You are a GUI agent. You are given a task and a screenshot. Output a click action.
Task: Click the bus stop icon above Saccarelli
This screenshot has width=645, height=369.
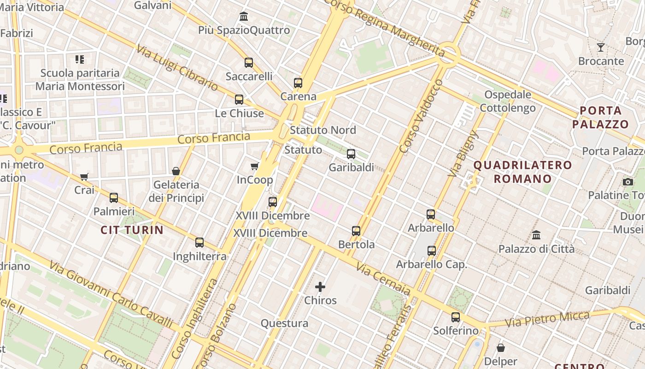click(249, 63)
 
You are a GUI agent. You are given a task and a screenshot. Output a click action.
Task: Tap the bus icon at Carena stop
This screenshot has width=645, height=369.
click(298, 83)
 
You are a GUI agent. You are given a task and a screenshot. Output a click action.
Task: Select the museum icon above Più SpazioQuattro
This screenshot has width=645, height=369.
click(244, 17)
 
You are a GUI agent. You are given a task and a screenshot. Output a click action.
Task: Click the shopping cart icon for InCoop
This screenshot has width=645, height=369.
click(254, 166)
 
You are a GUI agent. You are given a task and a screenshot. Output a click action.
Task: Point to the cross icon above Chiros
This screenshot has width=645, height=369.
click(320, 287)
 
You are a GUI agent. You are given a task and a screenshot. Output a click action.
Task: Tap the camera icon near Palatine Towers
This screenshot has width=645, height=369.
click(627, 182)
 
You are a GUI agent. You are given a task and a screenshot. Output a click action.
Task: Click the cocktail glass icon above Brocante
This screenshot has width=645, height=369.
click(601, 47)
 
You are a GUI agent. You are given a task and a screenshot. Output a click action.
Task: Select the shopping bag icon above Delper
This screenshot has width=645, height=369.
click(501, 347)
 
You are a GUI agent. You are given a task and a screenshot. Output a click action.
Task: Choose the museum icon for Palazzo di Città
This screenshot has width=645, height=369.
click(536, 235)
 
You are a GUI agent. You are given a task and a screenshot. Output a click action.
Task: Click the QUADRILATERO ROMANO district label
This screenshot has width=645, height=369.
click(522, 172)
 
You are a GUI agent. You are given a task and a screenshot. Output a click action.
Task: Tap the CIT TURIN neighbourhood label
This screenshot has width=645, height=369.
click(132, 230)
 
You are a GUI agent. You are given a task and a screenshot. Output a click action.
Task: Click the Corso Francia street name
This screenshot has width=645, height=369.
click(214, 138)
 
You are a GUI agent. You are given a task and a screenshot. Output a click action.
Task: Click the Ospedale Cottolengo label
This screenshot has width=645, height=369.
click(508, 101)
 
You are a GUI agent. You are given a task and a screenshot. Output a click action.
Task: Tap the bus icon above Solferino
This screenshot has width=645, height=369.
click(456, 317)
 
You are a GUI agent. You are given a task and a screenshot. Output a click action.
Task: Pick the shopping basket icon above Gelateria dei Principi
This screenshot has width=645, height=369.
click(176, 171)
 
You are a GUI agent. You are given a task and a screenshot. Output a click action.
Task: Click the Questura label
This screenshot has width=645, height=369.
click(284, 323)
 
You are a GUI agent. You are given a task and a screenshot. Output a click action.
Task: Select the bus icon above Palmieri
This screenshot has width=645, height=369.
click(114, 198)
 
